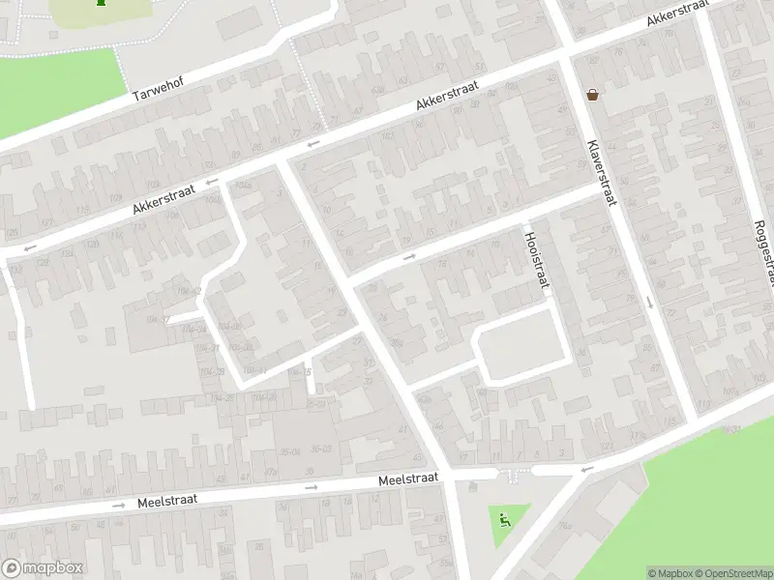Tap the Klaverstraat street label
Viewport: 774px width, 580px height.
(x=601, y=173)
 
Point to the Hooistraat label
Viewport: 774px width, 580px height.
(x=536, y=260)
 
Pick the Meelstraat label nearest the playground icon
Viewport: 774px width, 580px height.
(x=408, y=479)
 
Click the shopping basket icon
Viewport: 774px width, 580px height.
(x=592, y=95)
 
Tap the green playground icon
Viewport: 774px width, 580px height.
(x=504, y=522)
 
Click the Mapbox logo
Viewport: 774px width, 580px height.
(x=43, y=568)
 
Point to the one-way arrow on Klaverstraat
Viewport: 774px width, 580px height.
(x=649, y=304)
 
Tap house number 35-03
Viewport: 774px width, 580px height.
(x=320, y=449)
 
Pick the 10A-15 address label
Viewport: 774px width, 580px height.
(x=301, y=373)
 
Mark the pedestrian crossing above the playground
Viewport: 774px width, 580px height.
(x=512, y=474)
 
